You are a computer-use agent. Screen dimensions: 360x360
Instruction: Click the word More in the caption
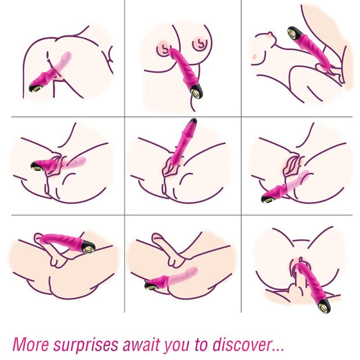30,344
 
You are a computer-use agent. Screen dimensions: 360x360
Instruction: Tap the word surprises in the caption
88,344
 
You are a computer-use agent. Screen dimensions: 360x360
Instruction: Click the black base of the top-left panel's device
37,88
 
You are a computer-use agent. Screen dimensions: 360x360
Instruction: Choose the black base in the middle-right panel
268,198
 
